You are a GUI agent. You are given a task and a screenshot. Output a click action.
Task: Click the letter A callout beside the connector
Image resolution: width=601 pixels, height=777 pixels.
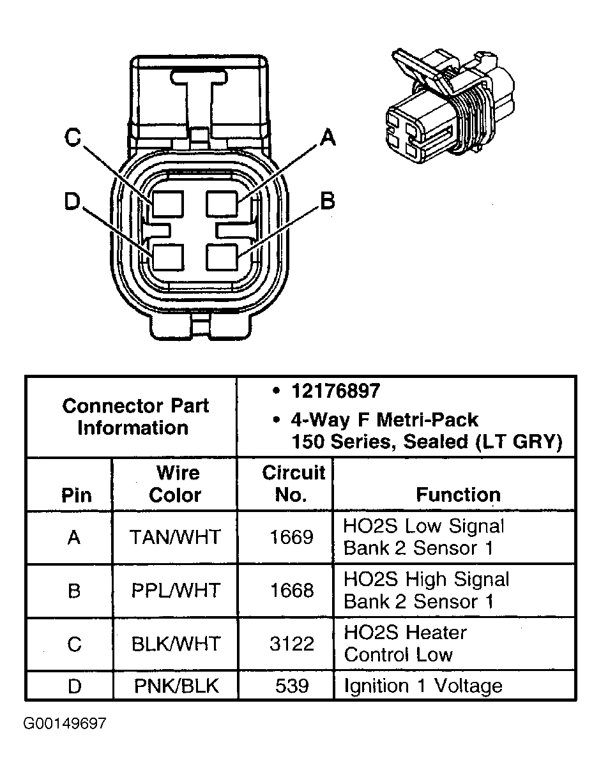tap(327, 137)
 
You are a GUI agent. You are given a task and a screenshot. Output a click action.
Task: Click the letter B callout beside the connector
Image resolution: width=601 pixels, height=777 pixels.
tap(327, 201)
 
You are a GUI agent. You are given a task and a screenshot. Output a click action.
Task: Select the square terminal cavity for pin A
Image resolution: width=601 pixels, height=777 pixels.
tap(222, 205)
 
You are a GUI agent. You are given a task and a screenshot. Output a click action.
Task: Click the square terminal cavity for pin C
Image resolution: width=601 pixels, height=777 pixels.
tap(167, 205)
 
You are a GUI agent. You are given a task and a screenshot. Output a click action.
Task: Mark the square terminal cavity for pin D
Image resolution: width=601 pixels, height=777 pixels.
tap(167, 258)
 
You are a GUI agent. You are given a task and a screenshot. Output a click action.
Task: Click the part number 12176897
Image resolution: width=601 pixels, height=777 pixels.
tap(335, 391)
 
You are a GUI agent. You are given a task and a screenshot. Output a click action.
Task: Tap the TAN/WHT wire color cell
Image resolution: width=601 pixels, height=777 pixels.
tap(175, 537)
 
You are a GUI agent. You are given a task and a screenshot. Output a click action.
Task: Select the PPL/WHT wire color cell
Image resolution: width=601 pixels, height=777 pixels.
tap(175, 591)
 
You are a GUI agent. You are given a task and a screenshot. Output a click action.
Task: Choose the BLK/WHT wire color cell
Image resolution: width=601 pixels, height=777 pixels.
tap(175, 644)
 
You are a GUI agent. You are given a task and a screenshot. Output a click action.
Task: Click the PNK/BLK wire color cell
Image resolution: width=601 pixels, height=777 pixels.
tap(176, 686)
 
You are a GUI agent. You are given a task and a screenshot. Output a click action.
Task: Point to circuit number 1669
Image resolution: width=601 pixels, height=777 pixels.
tap(291, 537)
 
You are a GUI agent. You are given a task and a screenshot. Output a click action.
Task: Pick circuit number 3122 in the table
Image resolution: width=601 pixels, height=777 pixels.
tap(291, 644)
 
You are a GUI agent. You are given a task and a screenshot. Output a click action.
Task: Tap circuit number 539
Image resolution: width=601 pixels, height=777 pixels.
tap(292, 686)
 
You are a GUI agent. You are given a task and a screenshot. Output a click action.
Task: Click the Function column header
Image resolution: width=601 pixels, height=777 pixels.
tap(458, 495)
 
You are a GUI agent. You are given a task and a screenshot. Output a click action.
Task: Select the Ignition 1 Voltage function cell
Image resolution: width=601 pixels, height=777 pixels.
tap(423, 686)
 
